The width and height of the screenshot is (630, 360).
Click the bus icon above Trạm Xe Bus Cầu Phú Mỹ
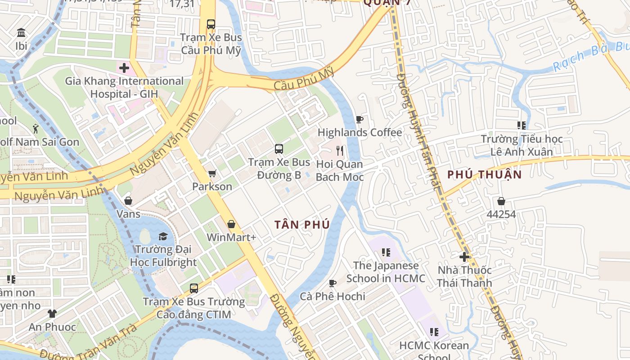[211, 24]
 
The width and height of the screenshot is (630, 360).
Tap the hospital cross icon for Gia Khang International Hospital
[124, 68]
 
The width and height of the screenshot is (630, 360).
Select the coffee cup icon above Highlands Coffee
[360, 119]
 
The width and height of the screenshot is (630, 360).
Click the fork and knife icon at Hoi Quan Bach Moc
[340, 151]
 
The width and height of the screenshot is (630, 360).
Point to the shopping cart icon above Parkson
[212, 173]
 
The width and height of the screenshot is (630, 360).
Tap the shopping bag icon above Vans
[128, 201]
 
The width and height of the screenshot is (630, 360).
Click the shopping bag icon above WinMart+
[231, 224]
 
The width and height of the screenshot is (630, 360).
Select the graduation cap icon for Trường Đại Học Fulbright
[163, 236]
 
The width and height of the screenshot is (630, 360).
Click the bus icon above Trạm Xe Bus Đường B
[279, 148]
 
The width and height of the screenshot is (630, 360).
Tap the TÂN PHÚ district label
[302, 225]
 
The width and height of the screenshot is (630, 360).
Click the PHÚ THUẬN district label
[485, 175]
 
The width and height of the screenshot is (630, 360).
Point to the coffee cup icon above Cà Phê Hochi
[333, 283]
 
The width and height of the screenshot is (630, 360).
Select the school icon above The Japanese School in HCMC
[386, 252]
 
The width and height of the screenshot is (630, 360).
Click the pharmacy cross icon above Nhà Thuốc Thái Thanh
[464, 257]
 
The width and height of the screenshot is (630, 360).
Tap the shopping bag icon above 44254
[501, 201]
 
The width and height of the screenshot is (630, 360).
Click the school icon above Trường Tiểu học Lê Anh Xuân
[522, 126]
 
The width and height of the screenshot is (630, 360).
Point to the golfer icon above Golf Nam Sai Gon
[36, 129]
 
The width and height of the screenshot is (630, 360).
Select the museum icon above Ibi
[21, 33]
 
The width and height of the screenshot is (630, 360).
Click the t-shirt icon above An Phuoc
[52, 313]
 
